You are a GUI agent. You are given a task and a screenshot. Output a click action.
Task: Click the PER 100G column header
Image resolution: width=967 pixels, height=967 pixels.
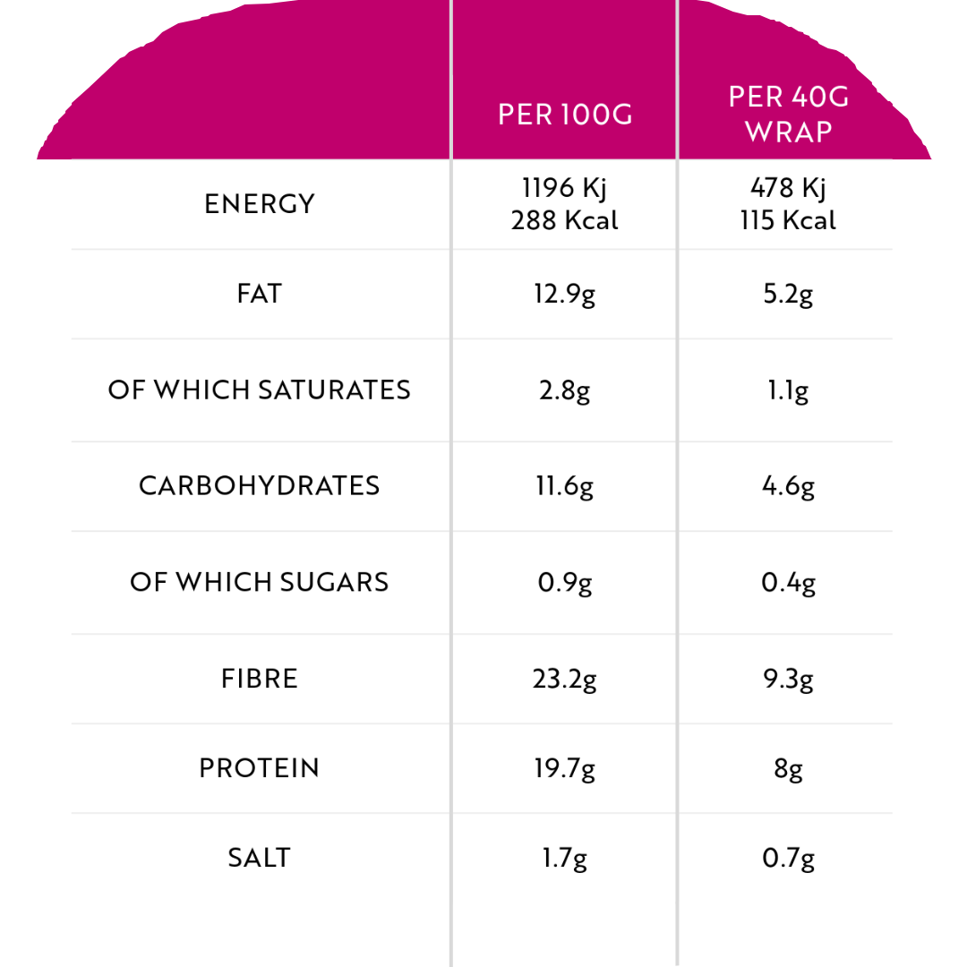(x=565, y=116)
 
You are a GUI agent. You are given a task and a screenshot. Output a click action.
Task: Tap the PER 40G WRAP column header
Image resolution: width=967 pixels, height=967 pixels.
(x=789, y=114)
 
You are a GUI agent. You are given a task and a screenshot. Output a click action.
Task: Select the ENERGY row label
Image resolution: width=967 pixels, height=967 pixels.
(x=260, y=204)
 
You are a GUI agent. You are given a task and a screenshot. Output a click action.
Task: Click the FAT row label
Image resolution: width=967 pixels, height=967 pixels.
(x=260, y=294)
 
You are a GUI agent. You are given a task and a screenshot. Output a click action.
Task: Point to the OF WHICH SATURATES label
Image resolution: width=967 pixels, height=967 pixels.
(x=260, y=390)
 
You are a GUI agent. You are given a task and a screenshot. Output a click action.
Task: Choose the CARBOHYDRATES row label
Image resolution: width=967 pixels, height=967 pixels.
(x=260, y=486)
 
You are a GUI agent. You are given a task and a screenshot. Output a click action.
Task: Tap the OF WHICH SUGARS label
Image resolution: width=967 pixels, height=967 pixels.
(x=260, y=582)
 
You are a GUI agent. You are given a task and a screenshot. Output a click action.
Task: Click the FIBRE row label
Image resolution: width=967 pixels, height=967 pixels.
(x=260, y=679)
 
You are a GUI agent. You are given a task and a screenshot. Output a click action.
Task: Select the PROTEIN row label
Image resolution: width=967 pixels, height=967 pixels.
(x=260, y=768)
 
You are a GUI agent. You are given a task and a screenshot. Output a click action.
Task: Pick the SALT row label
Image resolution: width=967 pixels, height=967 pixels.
(x=260, y=858)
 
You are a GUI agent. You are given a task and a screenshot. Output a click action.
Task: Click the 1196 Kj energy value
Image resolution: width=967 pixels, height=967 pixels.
(x=565, y=188)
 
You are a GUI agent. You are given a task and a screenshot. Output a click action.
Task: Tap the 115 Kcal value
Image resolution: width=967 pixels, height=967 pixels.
(x=789, y=220)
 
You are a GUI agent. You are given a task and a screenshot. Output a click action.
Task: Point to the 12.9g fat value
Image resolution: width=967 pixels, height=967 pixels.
(x=565, y=295)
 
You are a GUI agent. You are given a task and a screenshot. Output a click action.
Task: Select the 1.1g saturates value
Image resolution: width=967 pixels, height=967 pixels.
(x=789, y=391)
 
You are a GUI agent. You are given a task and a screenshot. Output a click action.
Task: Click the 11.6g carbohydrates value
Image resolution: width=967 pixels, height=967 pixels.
(x=565, y=487)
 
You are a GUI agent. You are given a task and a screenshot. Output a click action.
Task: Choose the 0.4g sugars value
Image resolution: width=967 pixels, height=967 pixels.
(x=789, y=584)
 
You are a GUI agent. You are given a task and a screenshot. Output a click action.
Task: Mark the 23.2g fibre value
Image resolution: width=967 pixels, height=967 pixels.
(x=565, y=680)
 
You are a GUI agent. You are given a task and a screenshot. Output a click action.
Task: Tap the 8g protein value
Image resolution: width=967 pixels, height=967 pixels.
(x=789, y=769)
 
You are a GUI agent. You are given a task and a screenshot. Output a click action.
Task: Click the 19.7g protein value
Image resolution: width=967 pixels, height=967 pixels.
(x=565, y=769)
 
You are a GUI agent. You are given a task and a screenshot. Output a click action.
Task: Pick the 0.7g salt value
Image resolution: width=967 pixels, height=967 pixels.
(x=789, y=859)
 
